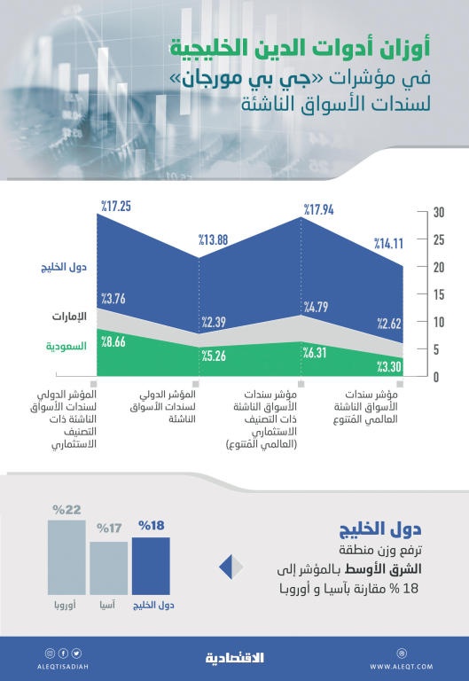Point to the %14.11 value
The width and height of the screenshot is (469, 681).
tap(387, 242)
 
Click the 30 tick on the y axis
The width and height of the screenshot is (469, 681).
tap(438, 212)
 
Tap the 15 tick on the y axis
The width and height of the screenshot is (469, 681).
tap(438, 294)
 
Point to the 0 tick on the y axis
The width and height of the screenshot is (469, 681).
tap(437, 377)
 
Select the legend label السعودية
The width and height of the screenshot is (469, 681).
tap(66, 346)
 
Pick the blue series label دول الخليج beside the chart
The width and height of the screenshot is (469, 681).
tap(64, 267)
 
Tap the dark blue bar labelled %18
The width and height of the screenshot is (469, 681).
tap(151, 567)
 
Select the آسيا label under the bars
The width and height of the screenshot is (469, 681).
tap(108, 607)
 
